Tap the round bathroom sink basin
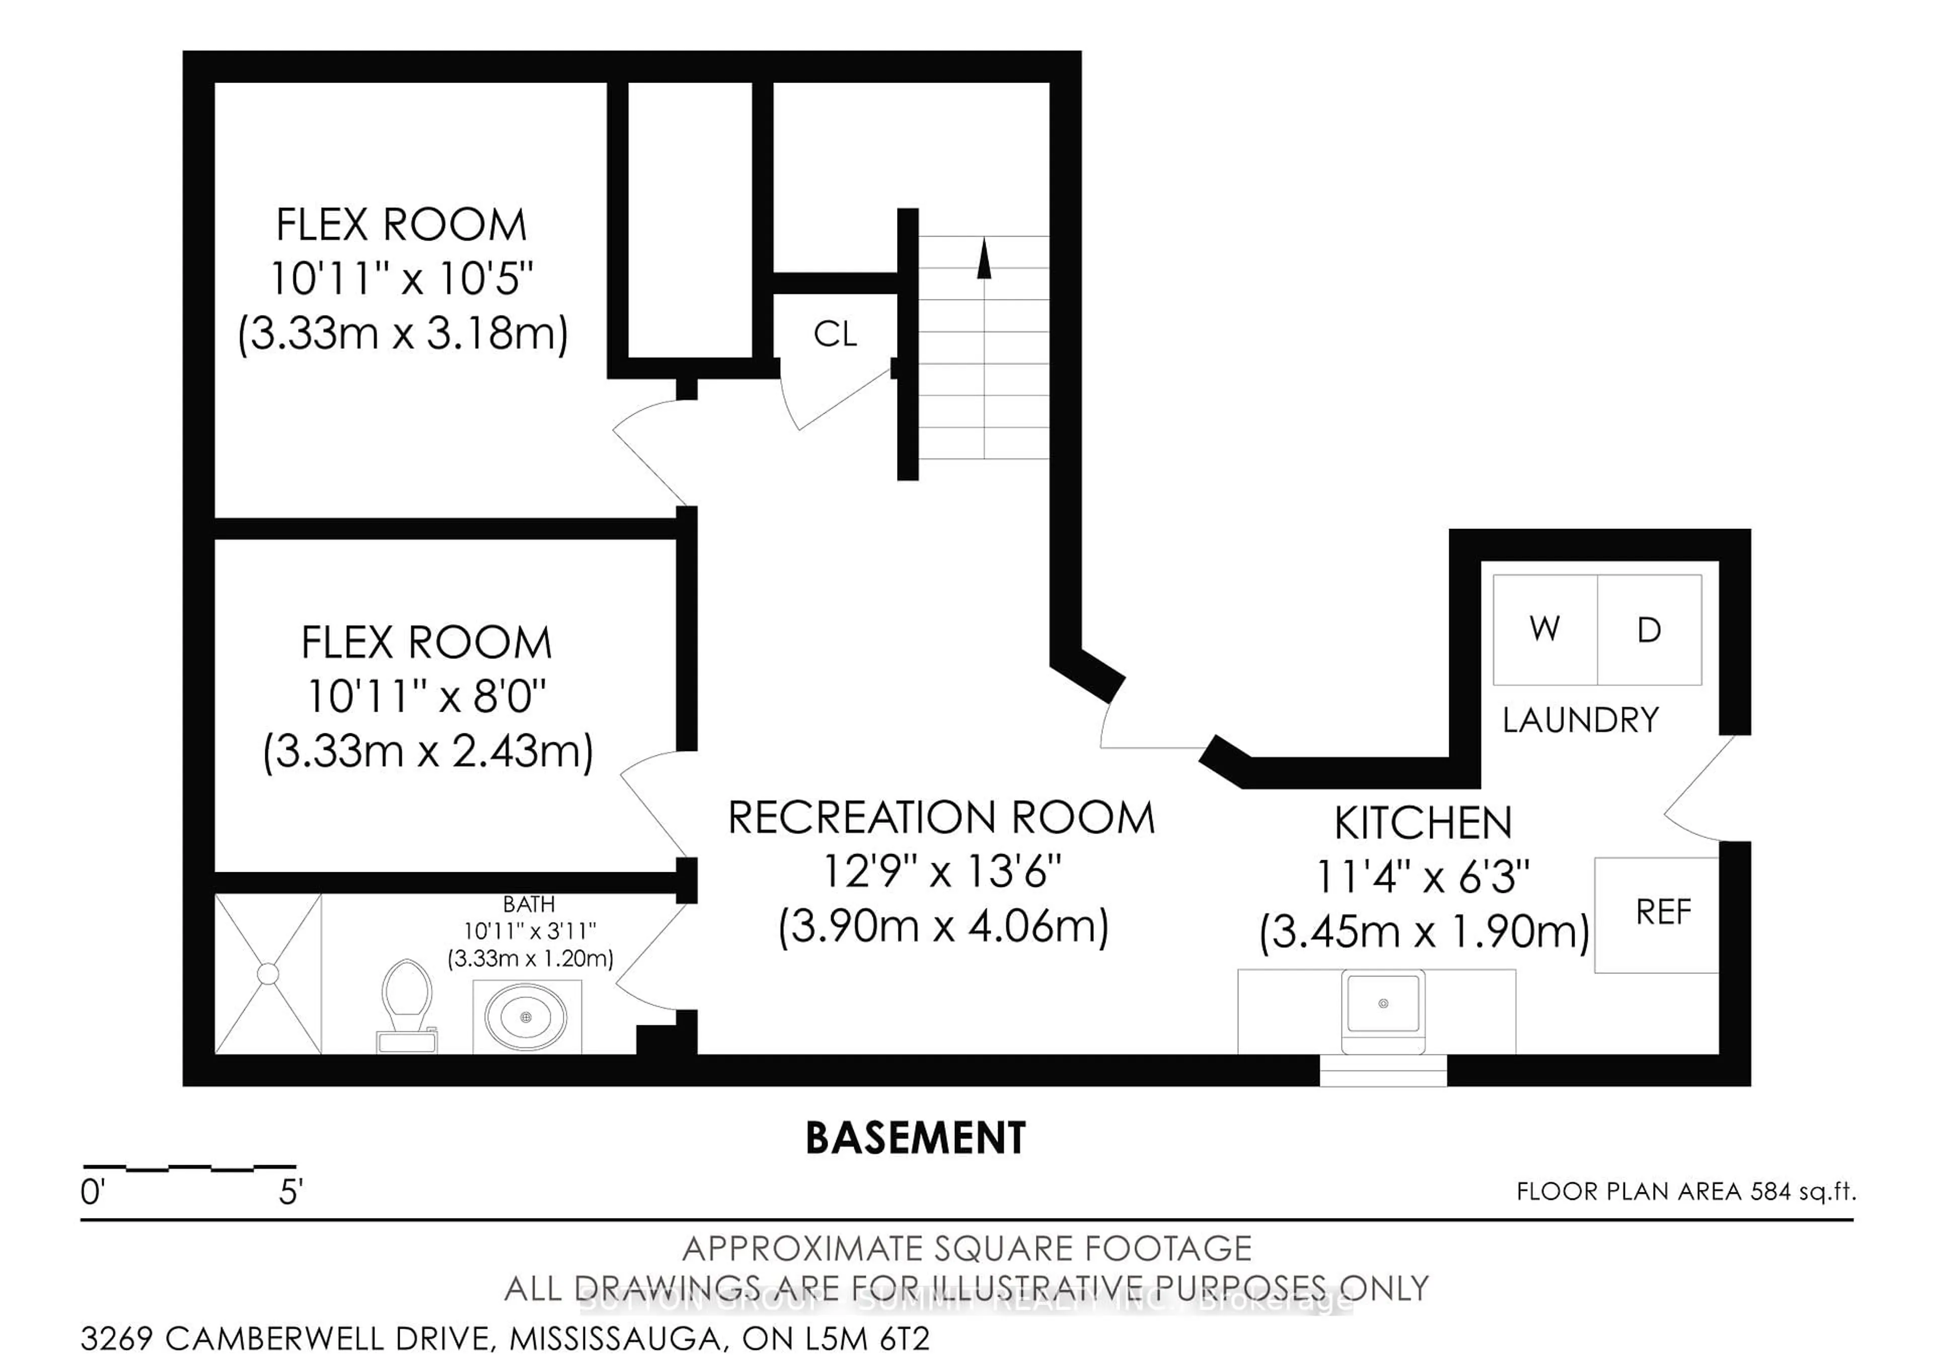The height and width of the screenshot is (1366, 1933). (x=526, y=1017)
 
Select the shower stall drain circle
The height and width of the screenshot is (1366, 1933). (x=268, y=974)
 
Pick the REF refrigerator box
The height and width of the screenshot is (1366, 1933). (x=1656, y=916)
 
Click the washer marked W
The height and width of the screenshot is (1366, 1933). (x=1545, y=629)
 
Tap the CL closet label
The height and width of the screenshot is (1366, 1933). (x=835, y=335)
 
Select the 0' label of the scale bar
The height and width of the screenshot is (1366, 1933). (x=92, y=1193)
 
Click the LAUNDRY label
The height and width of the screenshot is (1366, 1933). (x=1580, y=720)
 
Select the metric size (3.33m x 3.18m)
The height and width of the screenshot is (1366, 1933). (x=402, y=333)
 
